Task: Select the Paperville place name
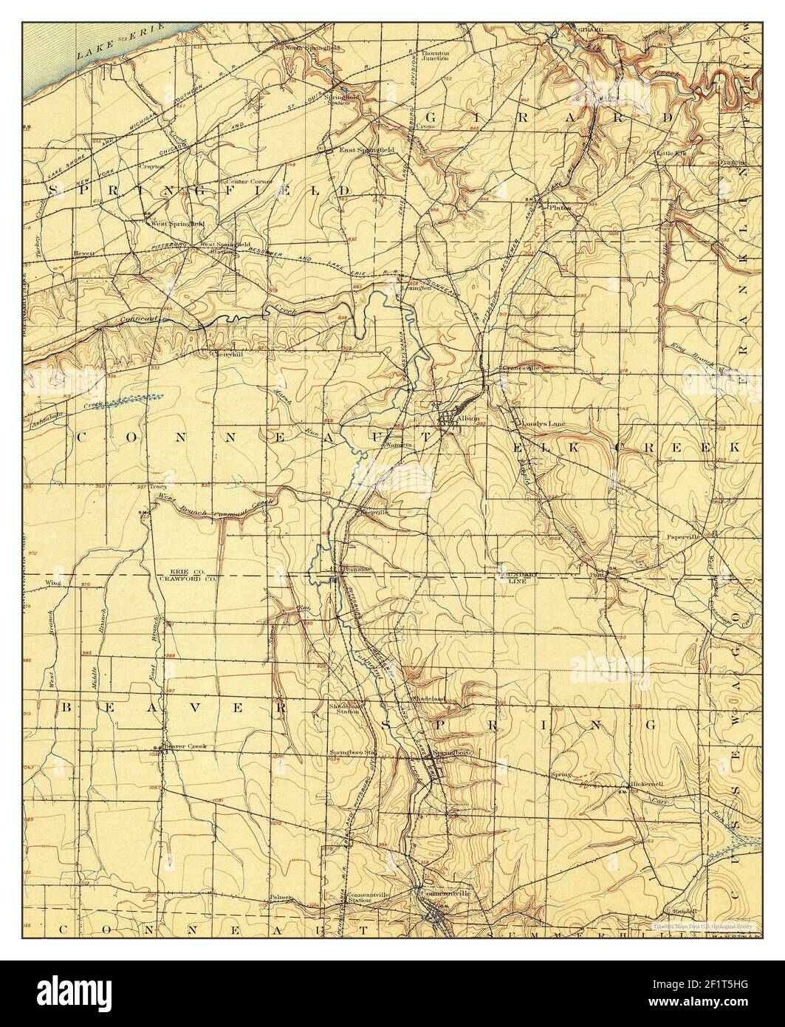(683, 537)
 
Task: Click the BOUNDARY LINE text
(515, 577)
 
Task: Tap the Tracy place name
(158, 487)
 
